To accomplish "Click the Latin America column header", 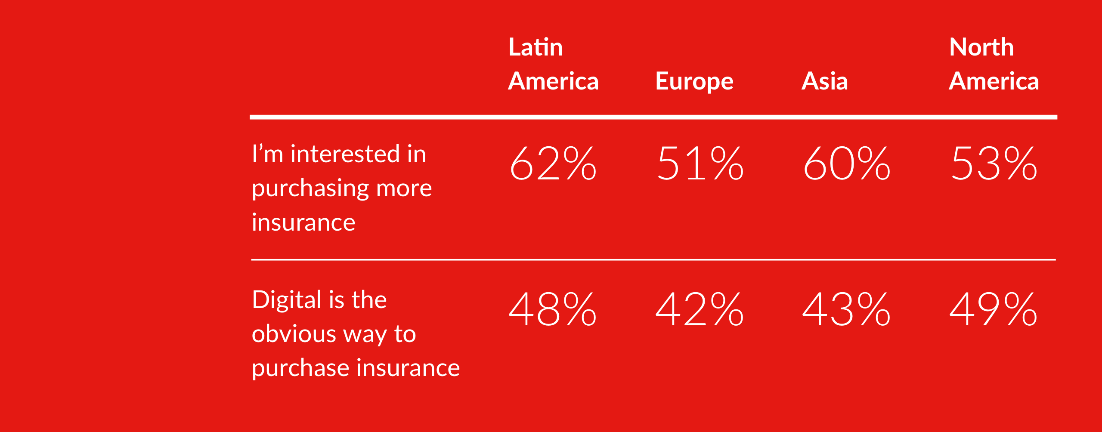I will point(553,65).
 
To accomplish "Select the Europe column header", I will point(694,81).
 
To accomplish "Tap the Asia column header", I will point(824,81).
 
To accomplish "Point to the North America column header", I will point(994,65).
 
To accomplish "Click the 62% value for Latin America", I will point(553,164).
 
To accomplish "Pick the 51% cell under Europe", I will point(700,164).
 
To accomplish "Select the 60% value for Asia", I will point(847,164).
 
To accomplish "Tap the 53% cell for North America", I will point(994,164).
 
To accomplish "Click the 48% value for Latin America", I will point(553,309).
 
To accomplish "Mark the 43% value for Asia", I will point(847,309).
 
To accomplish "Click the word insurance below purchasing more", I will point(303,223).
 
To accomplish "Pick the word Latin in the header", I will point(536,47).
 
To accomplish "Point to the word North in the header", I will point(981,47).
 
